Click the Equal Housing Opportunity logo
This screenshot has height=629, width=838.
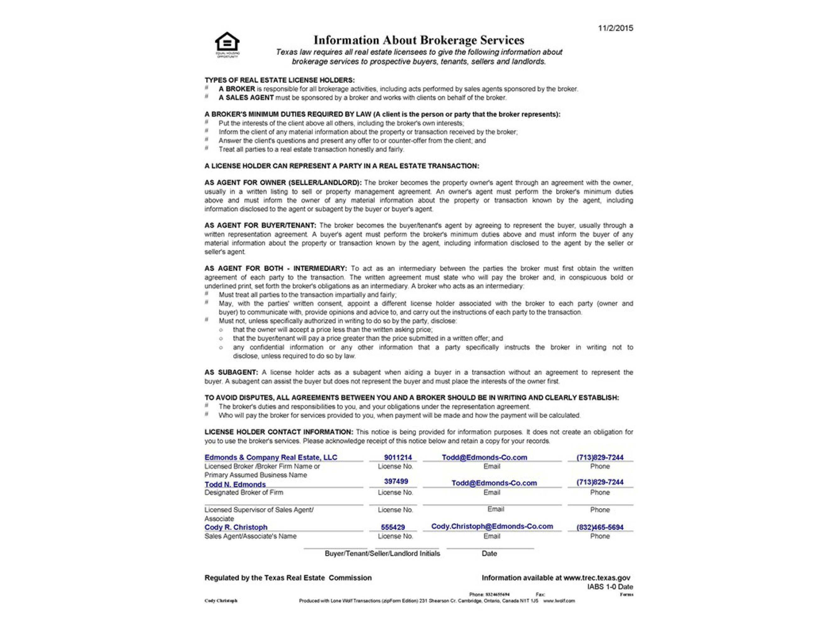[227, 44]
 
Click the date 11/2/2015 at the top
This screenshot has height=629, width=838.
[615, 28]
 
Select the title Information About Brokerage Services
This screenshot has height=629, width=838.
[419, 40]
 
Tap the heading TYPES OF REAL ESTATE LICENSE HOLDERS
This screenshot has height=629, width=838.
[280, 80]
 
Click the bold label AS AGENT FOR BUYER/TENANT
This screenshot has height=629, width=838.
[260, 225]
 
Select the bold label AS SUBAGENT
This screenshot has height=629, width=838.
[231, 372]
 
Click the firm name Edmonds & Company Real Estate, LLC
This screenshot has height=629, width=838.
[271, 457]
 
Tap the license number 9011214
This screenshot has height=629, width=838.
[397, 457]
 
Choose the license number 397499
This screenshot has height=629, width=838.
[396, 481]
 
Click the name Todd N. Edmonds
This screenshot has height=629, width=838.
[235, 484]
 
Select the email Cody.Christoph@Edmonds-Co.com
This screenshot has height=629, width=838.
[492, 526]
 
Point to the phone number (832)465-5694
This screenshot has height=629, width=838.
[600, 527]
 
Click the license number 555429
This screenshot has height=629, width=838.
[393, 527]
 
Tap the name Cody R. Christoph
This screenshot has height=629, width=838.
[236, 527]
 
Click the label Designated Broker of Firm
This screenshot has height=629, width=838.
[244, 492]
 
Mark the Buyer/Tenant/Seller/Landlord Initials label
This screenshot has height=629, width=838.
[382, 554]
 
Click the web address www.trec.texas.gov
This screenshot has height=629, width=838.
[597, 578]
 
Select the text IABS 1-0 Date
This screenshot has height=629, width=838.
[610, 587]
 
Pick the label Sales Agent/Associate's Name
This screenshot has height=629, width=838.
[250, 536]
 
